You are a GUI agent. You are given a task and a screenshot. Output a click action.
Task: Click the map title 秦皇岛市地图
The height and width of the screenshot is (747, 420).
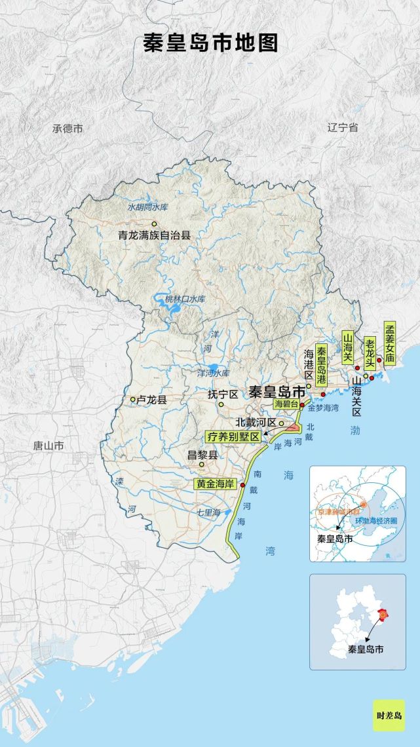tap(210, 43)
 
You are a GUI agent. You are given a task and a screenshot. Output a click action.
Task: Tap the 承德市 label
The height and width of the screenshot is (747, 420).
tap(67, 128)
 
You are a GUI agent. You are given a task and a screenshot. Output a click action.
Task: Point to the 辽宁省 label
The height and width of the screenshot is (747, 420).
tap(343, 128)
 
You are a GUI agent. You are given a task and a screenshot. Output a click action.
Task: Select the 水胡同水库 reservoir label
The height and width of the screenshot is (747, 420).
tap(147, 208)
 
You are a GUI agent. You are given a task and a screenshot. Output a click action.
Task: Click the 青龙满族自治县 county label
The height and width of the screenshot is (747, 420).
tap(154, 235)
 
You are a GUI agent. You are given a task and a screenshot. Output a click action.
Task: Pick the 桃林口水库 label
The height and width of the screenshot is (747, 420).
tap(185, 299)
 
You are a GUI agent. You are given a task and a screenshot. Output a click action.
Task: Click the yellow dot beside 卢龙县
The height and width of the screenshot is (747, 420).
tap(132, 399)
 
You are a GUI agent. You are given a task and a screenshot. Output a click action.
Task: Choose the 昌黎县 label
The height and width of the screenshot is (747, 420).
tap(202, 454)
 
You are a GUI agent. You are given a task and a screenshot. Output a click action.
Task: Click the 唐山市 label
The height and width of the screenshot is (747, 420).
tap(48, 446)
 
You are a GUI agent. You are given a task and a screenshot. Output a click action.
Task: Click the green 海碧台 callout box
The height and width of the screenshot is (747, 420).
tap(285, 404)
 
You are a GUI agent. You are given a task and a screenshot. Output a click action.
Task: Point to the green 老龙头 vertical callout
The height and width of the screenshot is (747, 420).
tap(370, 352)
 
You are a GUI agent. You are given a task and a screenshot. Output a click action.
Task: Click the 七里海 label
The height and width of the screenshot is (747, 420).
tap(209, 512)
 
